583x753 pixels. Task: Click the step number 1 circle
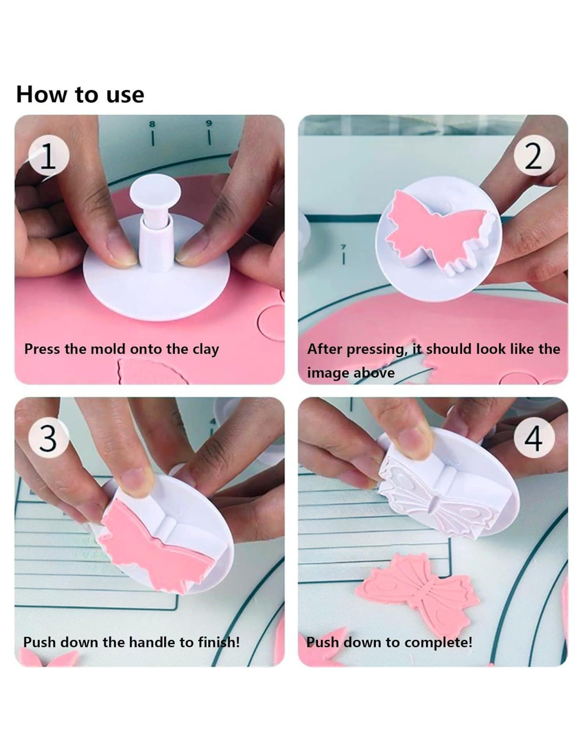[x=49, y=156]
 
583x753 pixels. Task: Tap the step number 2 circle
[x=534, y=156]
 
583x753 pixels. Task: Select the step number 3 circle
[x=49, y=438]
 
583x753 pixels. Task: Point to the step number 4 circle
[x=534, y=438]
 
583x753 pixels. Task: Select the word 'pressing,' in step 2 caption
[x=376, y=350]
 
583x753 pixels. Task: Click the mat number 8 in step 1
[x=152, y=123]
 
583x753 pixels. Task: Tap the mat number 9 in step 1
[x=209, y=123]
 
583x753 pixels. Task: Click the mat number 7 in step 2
[x=343, y=247]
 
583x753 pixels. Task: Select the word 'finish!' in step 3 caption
[x=219, y=642]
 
